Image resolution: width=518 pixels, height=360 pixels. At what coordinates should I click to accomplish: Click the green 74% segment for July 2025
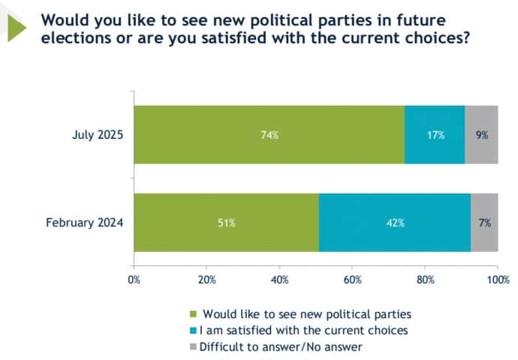tap(269, 135)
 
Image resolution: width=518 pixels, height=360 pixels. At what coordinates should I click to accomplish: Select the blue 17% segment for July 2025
tap(435, 135)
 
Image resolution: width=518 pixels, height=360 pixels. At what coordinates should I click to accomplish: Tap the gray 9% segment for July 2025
tap(481, 135)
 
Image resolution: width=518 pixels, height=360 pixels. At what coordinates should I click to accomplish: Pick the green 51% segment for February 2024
tap(226, 222)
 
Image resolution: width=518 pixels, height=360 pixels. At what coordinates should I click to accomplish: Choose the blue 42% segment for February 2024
tap(394, 222)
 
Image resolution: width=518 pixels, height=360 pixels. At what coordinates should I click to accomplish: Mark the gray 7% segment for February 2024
tap(484, 222)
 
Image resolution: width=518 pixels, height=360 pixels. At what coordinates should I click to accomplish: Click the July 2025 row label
tap(95, 135)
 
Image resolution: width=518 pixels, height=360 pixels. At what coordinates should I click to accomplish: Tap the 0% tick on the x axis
tap(134, 280)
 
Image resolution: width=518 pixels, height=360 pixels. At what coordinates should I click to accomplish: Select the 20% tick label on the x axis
tap(206, 280)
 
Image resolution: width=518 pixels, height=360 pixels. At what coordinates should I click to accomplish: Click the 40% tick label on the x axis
tap(279, 280)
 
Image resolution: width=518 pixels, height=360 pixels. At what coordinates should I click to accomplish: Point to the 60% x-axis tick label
tap(352, 280)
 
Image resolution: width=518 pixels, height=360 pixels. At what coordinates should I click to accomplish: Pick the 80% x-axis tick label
tap(425, 280)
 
